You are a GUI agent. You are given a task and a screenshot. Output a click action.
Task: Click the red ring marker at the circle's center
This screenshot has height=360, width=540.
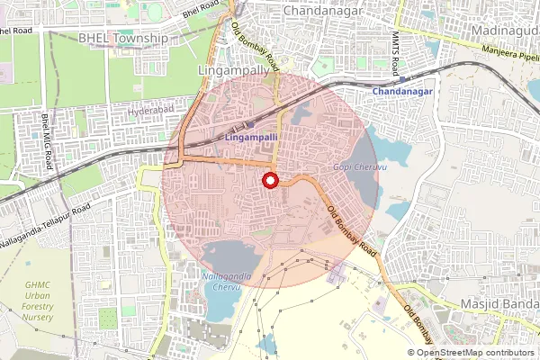(270, 181)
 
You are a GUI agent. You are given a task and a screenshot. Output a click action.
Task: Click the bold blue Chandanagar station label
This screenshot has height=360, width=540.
(403, 93)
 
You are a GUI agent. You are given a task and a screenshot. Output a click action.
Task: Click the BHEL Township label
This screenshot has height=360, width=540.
(123, 39)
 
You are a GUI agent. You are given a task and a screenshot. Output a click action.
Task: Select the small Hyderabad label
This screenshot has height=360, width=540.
(149, 111)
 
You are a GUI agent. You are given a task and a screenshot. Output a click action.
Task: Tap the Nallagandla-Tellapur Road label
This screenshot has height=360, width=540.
(47, 217)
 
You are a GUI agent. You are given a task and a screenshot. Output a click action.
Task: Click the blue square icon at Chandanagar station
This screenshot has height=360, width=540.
(400, 77)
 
